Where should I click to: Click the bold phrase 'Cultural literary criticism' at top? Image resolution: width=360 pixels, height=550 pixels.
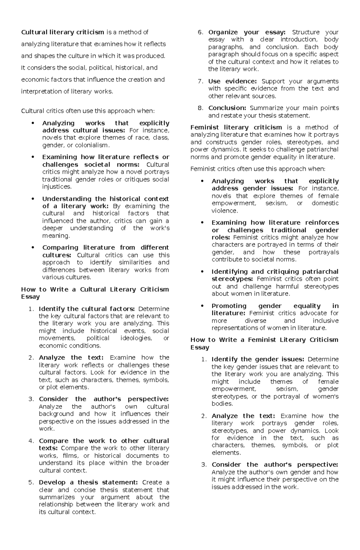[62, 32]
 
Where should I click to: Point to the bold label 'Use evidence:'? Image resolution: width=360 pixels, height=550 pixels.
[232, 81]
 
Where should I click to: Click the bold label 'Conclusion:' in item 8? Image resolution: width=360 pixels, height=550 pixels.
[227, 108]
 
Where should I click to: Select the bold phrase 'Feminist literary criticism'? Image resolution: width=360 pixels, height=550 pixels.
[236, 127]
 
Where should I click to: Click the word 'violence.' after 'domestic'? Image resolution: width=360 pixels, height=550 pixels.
[225, 211]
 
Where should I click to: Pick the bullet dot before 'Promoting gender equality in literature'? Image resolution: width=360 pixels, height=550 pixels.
[203, 306]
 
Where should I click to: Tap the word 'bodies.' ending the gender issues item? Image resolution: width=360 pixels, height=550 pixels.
[222, 404]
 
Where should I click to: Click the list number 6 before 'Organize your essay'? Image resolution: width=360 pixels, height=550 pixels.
[200, 32]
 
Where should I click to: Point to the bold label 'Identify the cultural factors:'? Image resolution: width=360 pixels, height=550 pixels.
[87, 309]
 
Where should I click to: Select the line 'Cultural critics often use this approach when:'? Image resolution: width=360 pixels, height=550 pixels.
[88, 111]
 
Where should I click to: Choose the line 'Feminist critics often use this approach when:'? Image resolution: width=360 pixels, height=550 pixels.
[258, 169]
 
